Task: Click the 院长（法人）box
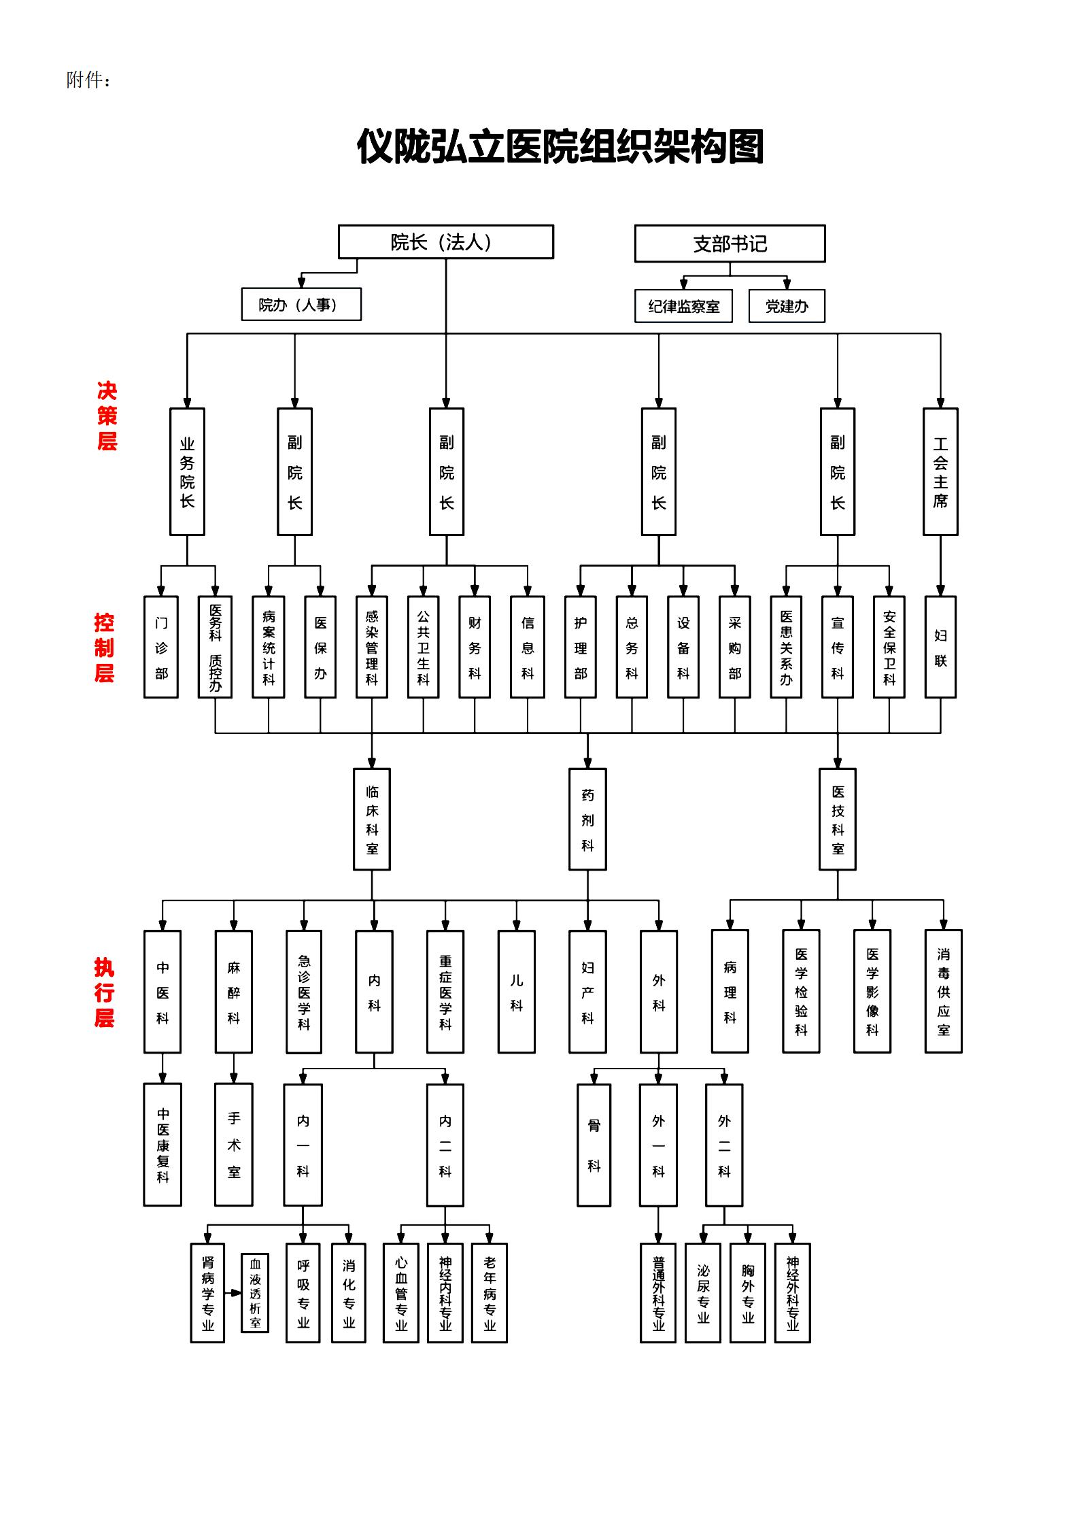[445, 242]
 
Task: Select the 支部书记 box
[730, 244]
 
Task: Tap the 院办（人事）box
[301, 304]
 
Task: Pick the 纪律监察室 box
[683, 306]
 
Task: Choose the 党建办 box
[787, 306]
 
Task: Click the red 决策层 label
[107, 416]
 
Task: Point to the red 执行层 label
[104, 992]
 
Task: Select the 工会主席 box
[940, 471]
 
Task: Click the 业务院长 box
[187, 471]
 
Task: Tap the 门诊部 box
[161, 647]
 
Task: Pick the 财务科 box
[475, 647]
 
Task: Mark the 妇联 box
[940, 647]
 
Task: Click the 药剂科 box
[587, 819]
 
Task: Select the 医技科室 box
[838, 819]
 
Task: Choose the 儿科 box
[517, 992]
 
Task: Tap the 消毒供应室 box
[944, 991]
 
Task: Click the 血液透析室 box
[255, 1292]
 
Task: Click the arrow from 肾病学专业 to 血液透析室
[233, 1292]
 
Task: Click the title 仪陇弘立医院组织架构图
[560, 147]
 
